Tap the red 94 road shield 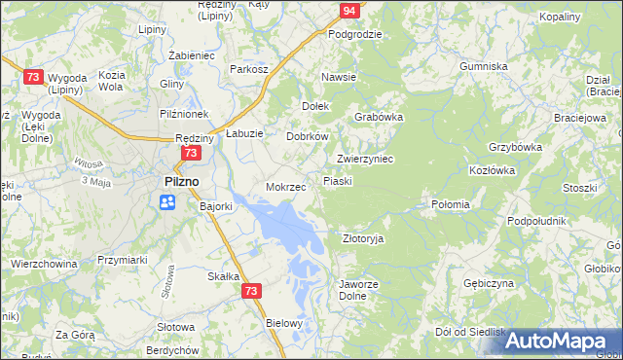350,11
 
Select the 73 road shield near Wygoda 33,77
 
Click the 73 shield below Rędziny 191,153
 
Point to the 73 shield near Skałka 252,291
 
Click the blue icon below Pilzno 167,201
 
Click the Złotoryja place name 364,237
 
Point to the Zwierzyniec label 364,159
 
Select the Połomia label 451,204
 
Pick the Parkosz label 249,69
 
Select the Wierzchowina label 44,263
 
